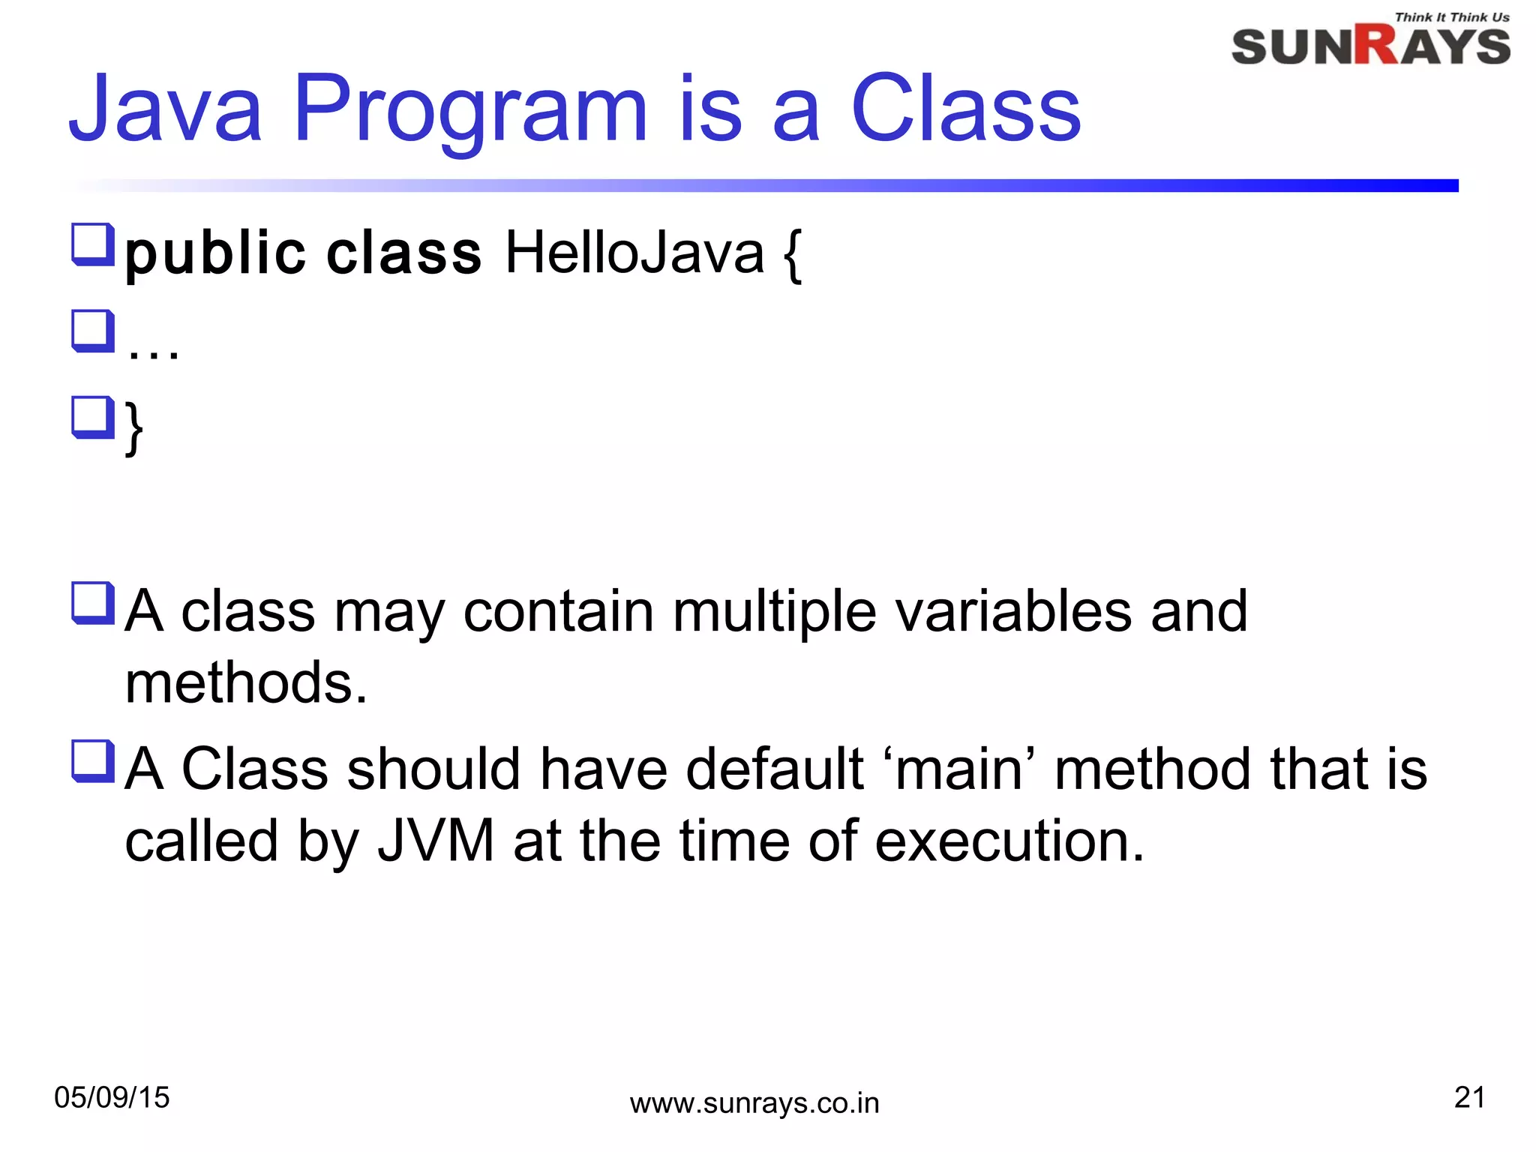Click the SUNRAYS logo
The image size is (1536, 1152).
click(x=1370, y=46)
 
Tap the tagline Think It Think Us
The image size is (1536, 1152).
click(x=1451, y=17)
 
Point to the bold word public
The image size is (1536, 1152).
click(x=215, y=254)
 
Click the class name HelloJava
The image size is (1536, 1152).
click(x=634, y=253)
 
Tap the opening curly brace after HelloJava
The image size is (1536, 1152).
click(x=792, y=256)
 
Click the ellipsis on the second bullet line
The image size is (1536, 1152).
click(x=153, y=350)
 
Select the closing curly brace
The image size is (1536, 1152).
click(x=134, y=427)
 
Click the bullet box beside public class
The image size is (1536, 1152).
click(x=93, y=244)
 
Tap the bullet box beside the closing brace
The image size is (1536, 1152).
click(x=93, y=417)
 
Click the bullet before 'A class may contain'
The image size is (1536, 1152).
click(x=93, y=602)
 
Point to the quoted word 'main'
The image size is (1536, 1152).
click(x=959, y=769)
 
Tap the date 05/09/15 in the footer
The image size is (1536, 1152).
click(x=112, y=1098)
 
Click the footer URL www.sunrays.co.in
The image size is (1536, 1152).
click(x=754, y=1104)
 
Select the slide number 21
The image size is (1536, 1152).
click(x=1469, y=1097)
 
